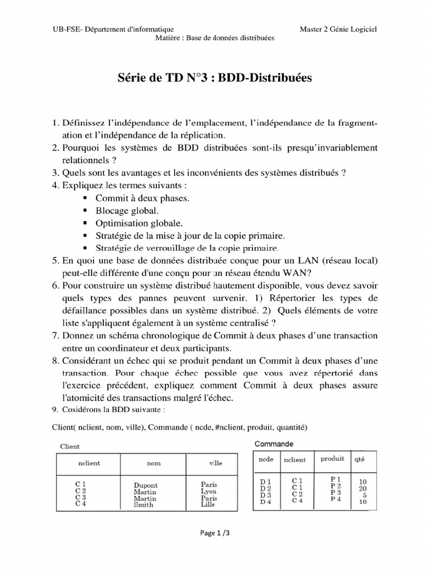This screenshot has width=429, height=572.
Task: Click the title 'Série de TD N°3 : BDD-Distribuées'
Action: tap(214, 78)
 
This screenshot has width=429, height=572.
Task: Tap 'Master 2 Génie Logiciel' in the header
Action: tap(338, 29)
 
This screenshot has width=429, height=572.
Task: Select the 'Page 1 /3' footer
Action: tap(214, 533)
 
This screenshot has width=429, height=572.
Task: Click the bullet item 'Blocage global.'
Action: tap(127, 211)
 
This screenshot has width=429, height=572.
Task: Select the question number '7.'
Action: tap(55, 336)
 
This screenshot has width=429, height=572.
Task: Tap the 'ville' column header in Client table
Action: tap(215, 463)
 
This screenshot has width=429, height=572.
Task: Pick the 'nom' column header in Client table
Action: tap(154, 463)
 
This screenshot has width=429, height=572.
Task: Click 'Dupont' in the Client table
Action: tap(146, 485)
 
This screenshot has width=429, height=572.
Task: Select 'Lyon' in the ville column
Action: tap(208, 492)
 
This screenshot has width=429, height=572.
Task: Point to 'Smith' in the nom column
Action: tap(144, 504)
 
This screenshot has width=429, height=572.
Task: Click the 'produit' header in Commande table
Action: tap(332, 459)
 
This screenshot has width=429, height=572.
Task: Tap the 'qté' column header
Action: tap(360, 459)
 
